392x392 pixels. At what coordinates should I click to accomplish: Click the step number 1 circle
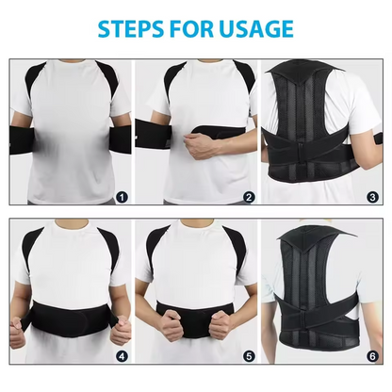pyautogui.click(x=121, y=197)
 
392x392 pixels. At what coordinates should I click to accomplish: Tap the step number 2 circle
pyautogui.click(x=249, y=197)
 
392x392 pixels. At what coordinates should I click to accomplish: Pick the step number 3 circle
pyautogui.click(x=373, y=197)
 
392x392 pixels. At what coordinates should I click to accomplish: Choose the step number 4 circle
pyautogui.click(x=121, y=357)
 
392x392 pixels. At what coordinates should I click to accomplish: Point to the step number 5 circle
pyautogui.click(x=249, y=357)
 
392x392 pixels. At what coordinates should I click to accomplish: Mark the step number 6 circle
pyautogui.click(x=373, y=357)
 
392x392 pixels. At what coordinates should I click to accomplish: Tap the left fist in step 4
pyautogui.click(x=23, y=333)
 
